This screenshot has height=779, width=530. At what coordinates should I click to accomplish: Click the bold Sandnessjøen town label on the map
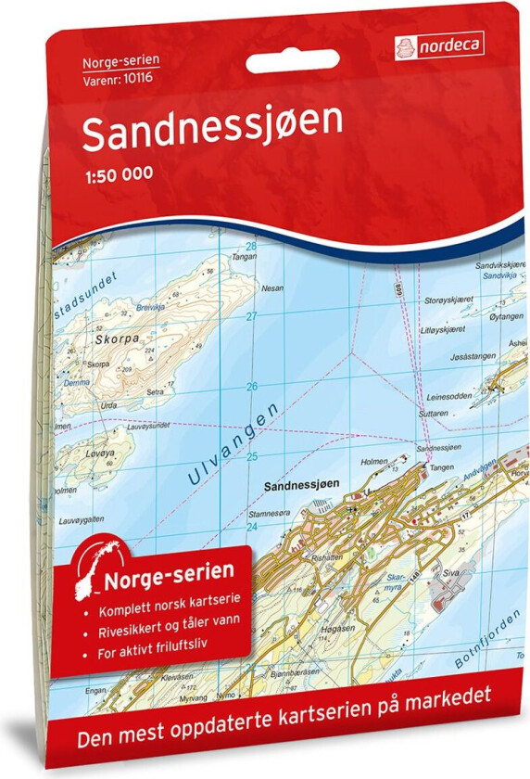click(x=302, y=484)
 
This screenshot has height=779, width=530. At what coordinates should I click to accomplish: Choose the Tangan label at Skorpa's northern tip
click(x=243, y=256)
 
